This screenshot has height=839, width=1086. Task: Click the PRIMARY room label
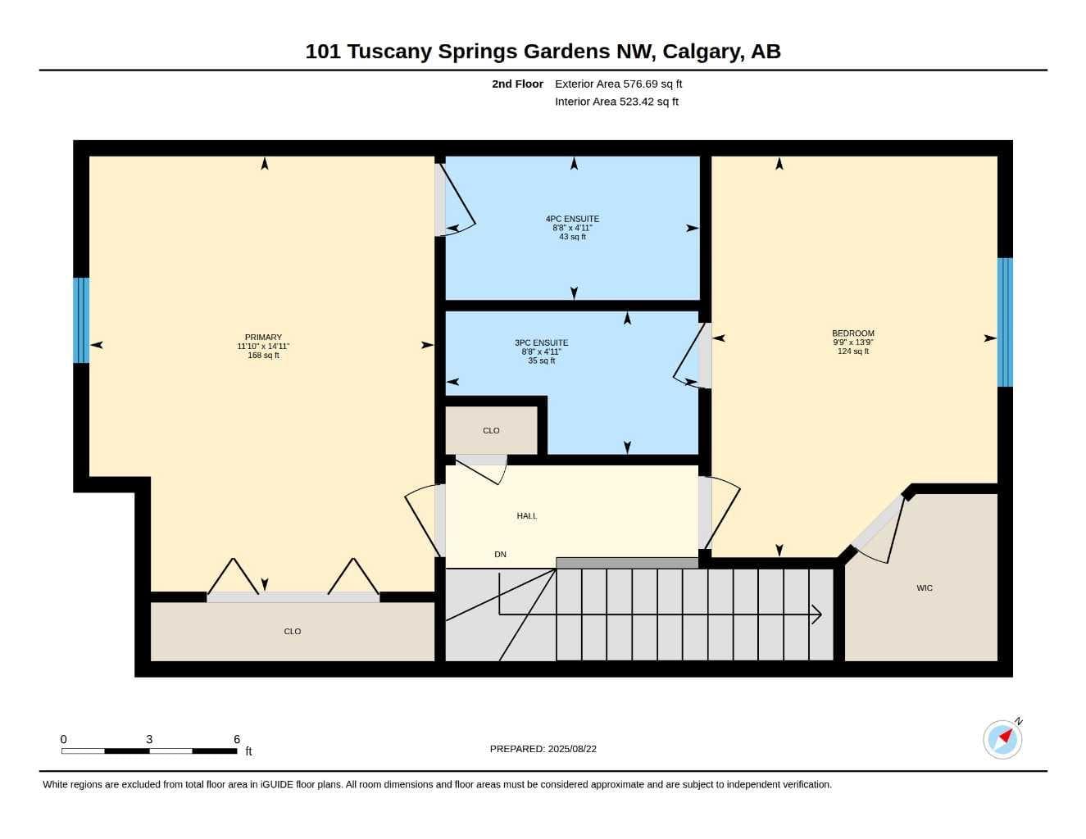coord(263,337)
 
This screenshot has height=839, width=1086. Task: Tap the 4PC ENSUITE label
coord(572,219)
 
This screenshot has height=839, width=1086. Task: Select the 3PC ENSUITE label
coord(541,342)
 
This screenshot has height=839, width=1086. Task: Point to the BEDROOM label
coord(853,333)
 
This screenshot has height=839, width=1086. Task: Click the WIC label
coord(925,587)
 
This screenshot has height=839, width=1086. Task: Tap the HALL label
coord(527,516)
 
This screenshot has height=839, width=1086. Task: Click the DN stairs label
coord(500,555)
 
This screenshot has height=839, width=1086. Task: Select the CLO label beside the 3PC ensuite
coord(491,430)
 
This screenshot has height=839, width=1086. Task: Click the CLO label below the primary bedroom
coord(293,631)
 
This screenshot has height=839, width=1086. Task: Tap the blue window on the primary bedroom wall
coord(81,320)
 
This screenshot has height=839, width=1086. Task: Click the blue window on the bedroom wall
coord(1005,322)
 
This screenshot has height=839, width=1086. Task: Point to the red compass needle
coord(1006,736)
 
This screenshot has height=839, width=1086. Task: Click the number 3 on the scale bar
coord(149,739)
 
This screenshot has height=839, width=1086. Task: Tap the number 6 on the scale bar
coord(237,739)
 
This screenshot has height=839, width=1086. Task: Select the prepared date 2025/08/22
coord(572,749)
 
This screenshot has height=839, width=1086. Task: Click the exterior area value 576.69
coord(639,84)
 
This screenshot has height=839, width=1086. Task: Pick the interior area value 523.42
coord(637,102)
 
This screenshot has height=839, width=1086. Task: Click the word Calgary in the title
coord(701,52)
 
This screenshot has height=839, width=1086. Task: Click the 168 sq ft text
coord(263,356)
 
